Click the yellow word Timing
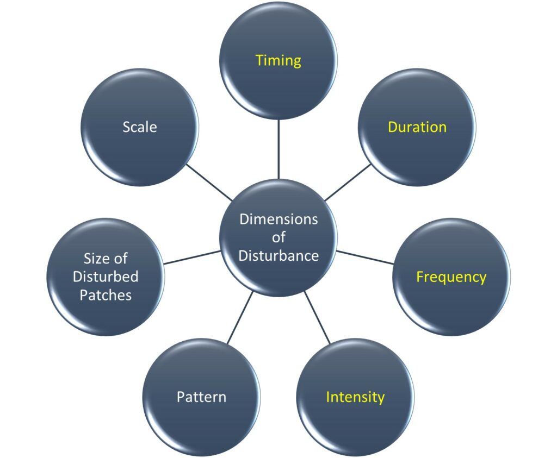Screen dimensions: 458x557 278,60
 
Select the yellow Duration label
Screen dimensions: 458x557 417,127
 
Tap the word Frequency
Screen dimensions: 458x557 451,277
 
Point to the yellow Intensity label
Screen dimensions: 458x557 355,397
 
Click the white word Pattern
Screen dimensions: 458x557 201,397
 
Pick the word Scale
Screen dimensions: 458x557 140,127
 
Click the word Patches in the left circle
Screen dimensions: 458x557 106,295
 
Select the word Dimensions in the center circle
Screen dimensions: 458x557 278,219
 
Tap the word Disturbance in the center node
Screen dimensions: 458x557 278,255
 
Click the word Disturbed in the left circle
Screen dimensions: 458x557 106,277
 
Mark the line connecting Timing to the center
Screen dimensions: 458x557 278,149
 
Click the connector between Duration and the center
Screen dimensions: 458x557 348,183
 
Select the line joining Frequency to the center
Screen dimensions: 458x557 364,257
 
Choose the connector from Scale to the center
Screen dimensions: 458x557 209,183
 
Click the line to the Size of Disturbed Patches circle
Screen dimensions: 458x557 192,257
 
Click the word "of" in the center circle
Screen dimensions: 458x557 278,237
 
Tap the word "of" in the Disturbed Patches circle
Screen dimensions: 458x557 121,258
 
